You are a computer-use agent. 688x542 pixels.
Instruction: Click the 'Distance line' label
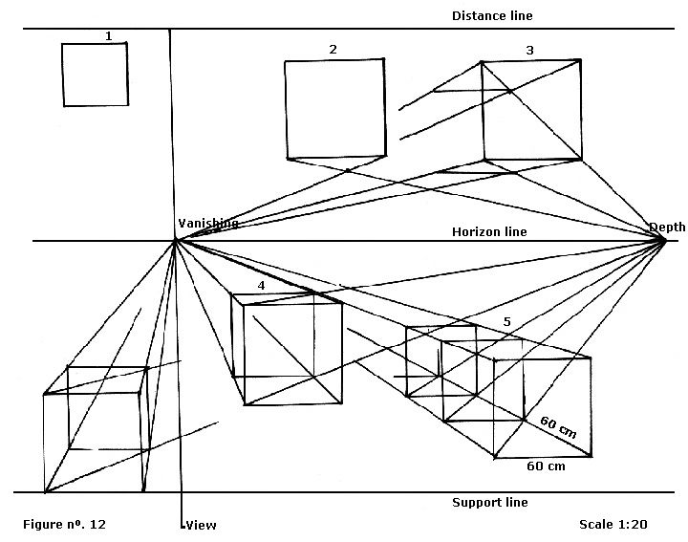click(x=491, y=15)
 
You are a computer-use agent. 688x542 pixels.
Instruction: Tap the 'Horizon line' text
click(x=488, y=231)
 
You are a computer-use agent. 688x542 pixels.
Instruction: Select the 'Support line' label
click(x=489, y=502)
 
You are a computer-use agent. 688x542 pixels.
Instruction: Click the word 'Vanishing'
click(x=207, y=223)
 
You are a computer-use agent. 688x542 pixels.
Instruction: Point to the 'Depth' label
click(x=667, y=227)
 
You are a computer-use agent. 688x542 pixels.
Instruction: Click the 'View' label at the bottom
click(x=201, y=525)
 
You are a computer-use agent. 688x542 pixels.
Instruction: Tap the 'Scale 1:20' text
click(x=614, y=525)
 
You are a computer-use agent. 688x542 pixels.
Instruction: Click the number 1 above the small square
click(x=108, y=36)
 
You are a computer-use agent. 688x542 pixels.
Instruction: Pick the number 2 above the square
click(x=333, y=49)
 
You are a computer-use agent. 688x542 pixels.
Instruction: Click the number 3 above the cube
click(x=528, y=49)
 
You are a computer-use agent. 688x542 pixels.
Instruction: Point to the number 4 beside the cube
click(x=261, y=286)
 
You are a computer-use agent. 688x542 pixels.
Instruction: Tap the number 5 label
click(x=507, y=321)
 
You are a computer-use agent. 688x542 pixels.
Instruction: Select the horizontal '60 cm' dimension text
click(x=546, y=466)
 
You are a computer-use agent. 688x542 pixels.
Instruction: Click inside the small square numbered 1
click(x=95, y=75)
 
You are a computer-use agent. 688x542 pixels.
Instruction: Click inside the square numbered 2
click(x=335, y=108)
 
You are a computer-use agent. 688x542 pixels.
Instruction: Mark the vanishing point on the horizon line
click(x=175, y=240)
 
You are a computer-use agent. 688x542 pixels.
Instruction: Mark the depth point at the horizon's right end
click(x=664, y=239)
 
